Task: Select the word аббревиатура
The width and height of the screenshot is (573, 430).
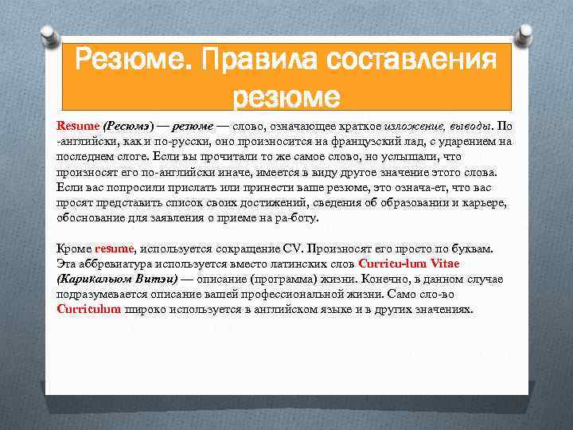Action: tap(115, 264)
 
